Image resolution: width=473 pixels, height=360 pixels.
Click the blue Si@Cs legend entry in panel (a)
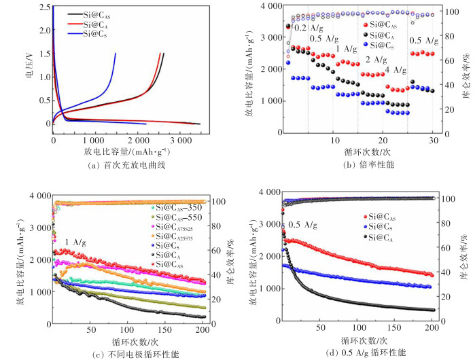coord(95,33)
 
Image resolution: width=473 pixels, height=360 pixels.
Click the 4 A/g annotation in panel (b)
coord(396,70)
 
